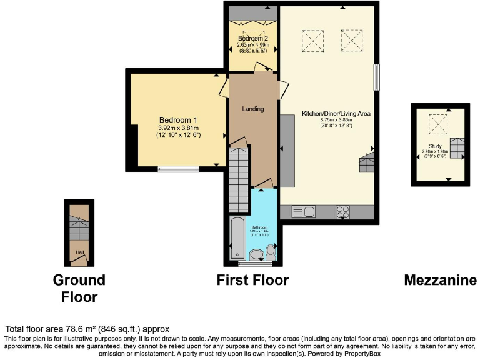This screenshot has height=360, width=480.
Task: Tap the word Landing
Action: click(253, 109)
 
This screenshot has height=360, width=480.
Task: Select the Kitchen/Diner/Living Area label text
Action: click(336, 114)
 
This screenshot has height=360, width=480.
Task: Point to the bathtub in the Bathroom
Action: click(238, 238)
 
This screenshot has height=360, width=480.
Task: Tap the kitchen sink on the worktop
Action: click(297, 212)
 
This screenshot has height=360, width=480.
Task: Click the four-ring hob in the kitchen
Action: click(343, 212)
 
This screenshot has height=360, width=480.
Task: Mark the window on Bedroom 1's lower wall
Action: click(178, 167)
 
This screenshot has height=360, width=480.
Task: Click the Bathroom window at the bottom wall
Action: click(253, 264)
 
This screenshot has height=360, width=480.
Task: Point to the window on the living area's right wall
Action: click(376, 78)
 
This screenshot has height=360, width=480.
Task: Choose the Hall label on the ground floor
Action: click(79, 252)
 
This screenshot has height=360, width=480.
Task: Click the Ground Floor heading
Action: click(79, 287)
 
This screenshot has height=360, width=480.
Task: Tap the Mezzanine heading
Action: click(440, 280)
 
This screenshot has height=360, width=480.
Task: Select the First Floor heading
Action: click(253, 280)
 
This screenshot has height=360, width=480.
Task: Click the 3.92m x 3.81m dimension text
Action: click(178, 127)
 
